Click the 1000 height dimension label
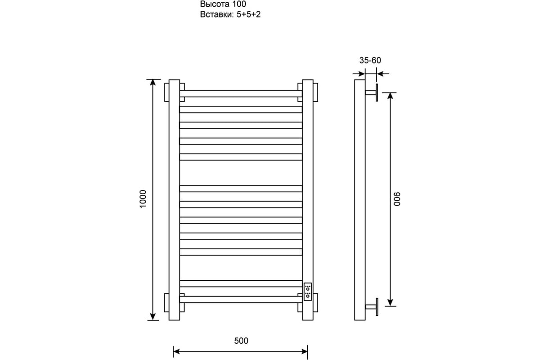tap(143, 199)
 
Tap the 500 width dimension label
tap(241, 341)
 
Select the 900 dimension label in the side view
tap(397, 199)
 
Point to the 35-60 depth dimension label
tap(370, 60)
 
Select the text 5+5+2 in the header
tap(248, 14)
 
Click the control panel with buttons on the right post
tap(308, 292)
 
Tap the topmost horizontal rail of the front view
tap(241, 94)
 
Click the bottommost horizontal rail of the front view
tap(241, 299)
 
